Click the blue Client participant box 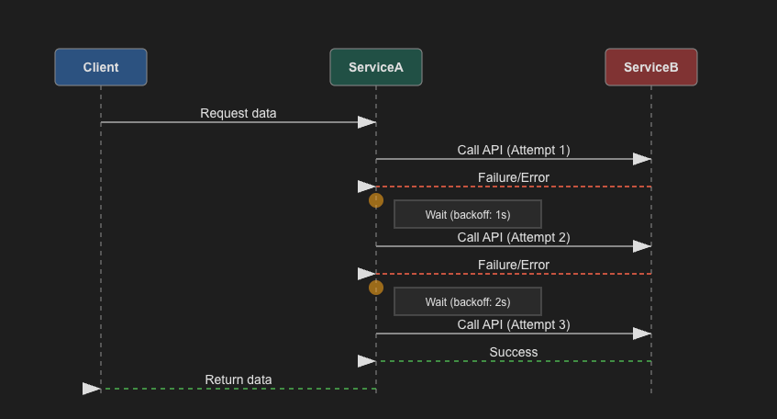coord(101,67)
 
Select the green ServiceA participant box coord(376,67)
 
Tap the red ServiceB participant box coord(651,67)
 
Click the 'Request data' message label coord(239,113)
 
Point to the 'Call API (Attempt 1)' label coord(514,150)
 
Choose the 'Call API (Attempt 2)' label coord(514,237)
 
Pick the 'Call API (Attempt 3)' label coord(514,324)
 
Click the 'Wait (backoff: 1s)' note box coord(468,214)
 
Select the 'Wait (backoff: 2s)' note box coord(468,301)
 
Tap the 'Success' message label coord(514,352)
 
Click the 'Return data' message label coord(239,379)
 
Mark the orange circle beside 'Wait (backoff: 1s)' coord(375,200)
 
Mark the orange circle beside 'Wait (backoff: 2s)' coord(375,288)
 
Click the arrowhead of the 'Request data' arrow coord(367,122)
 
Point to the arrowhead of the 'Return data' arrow coord(92,389)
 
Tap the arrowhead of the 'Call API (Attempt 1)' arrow coord(642,159)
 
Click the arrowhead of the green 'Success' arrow coord(367,361)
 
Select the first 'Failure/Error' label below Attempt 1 coord(514,177)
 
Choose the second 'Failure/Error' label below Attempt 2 coord(514,265)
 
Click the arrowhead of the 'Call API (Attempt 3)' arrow coord(642,334)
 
